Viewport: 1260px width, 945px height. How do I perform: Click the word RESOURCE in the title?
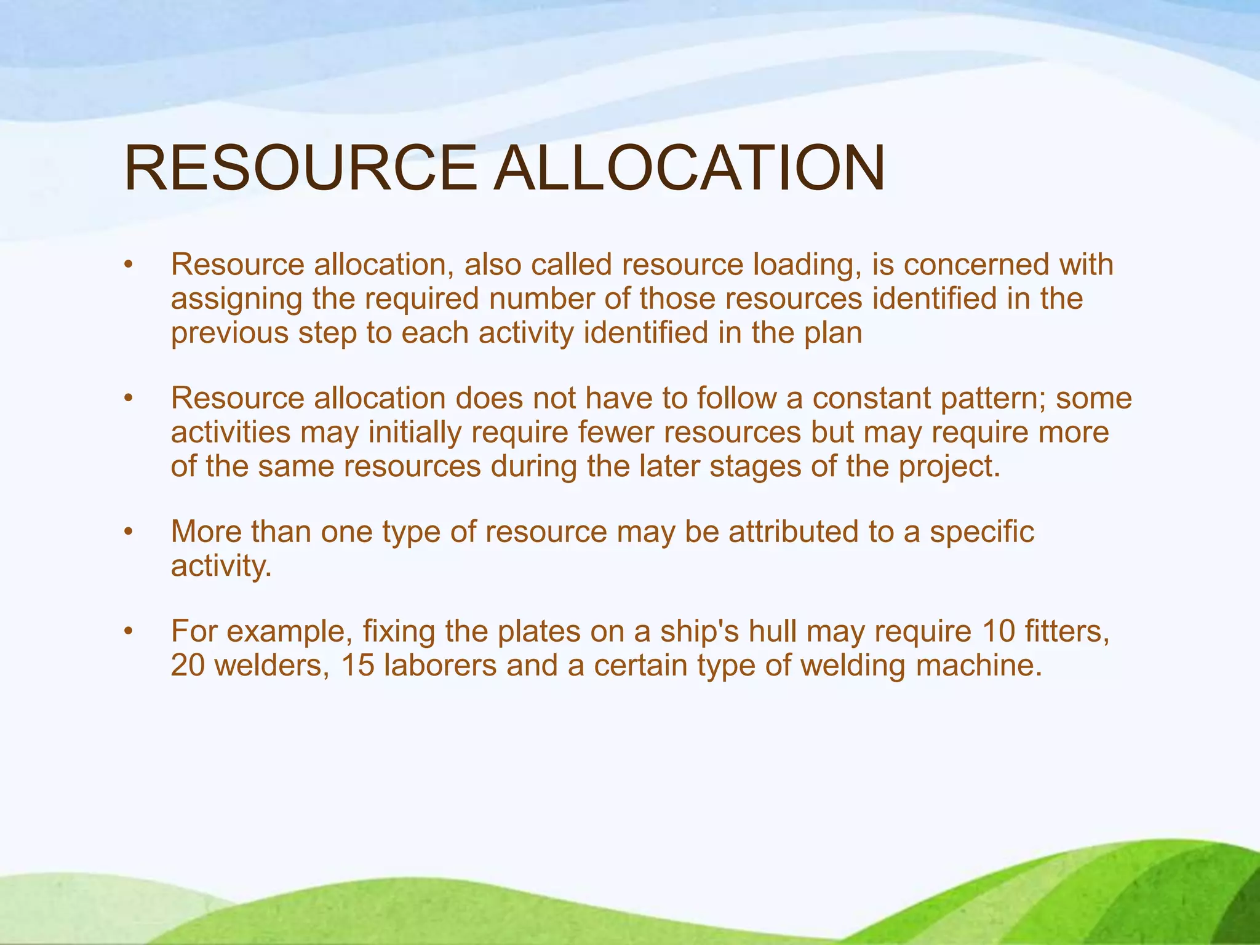[x=300, y=168]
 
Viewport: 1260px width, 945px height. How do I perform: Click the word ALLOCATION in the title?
[x=690, y=168]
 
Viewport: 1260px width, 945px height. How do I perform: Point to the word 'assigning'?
[x=237, y=300]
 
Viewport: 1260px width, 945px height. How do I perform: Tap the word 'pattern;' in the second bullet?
[x=993, y=399]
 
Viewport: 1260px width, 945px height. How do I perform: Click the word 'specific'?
[x=982, y=532]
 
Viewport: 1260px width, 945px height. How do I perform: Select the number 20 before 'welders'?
[x=188, y=666]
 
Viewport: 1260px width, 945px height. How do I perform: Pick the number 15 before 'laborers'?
[x=357, y=666]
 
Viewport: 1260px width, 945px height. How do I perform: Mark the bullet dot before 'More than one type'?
[x=128, y=532]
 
